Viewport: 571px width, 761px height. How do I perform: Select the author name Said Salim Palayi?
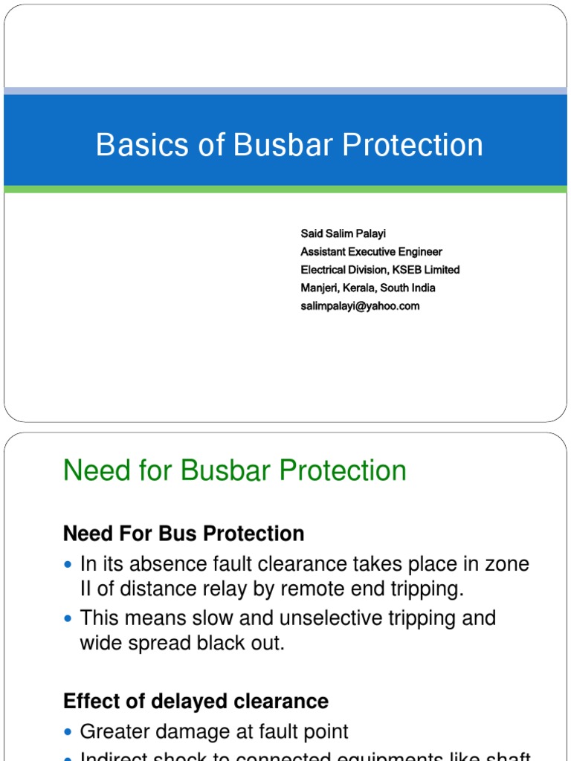click(x=343, y=234)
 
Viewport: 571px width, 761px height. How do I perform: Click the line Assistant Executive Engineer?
click(x=371, y=252)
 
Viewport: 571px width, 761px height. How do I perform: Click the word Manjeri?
click(x=319, y=288)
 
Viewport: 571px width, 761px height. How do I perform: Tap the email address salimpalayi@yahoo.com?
click(x=360, y=305)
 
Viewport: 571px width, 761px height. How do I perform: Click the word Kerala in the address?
click(x=359, y=288)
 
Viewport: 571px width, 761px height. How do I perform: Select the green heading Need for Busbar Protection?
click(x=235, y=470)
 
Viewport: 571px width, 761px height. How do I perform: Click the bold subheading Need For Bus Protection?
click(x=184, y=534)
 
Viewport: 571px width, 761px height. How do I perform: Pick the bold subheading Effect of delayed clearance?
click(x=196, y=702)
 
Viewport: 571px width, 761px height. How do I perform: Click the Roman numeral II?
click(x=87, y=589)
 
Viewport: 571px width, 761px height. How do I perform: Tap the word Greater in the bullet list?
click(x=117, y=732)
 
